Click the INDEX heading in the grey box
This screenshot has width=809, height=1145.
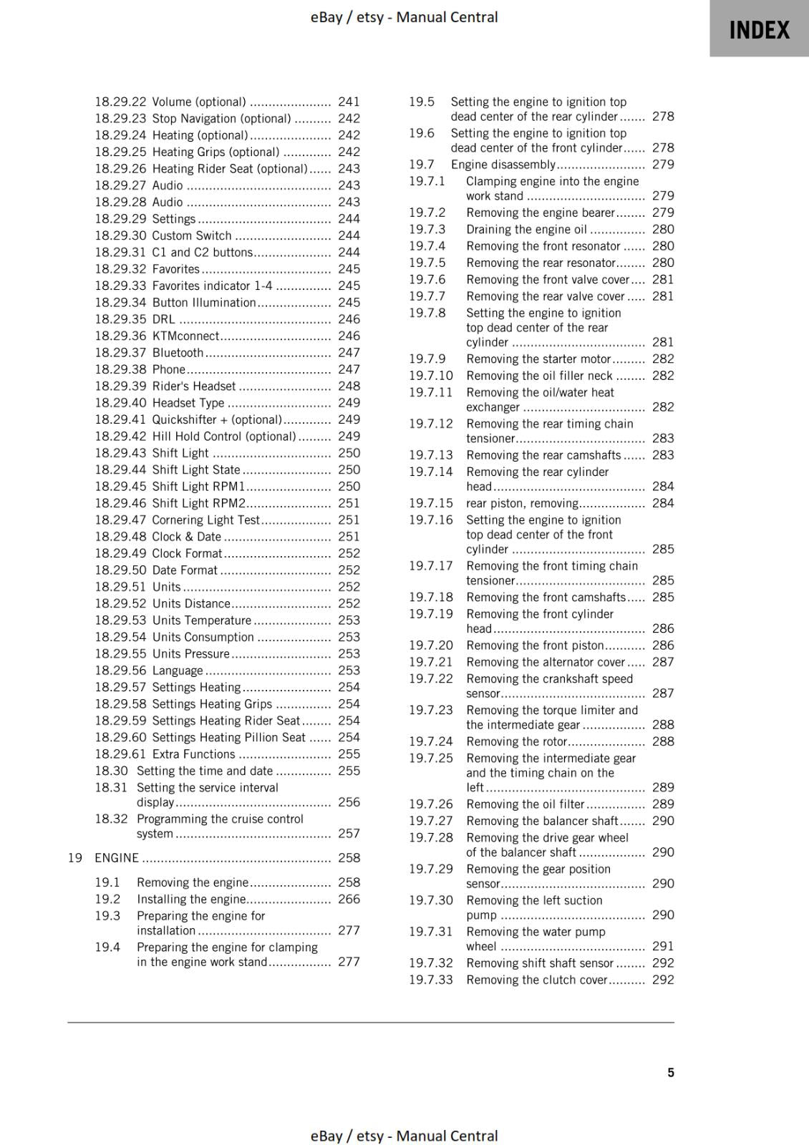pyautogui.click(x=759, y=30)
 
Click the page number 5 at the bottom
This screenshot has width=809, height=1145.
pyautogui.click(x=671, y=1072)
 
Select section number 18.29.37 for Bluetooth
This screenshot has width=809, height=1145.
pyautogui.click(x=120, y=353)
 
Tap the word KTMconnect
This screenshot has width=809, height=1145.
pyautogui.click(x=185, y=336)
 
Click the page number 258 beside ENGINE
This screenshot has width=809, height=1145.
pyautogui.click(x=349, y=857)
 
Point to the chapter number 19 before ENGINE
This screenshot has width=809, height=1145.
pyautogui.click(x=75, y=857)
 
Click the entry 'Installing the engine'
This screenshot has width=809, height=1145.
pyautogui.click(x=191, y=900)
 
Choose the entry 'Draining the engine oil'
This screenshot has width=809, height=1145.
pyautogui.click(x=526, y=230)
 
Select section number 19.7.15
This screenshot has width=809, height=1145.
pyautogui.click(x=431, y=503)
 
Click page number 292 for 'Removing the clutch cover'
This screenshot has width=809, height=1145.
pyautogui.click(x=663, y=980)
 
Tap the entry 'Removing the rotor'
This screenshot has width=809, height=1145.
pyautogui.click(x=516, y=742)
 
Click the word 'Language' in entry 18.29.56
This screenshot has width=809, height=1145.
pyautogui.click(x=178, y=671)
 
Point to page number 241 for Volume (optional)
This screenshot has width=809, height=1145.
pyautogui.click(x=349, y=102)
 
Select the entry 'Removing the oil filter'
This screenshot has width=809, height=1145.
pyautogui.click(x=525, y=804)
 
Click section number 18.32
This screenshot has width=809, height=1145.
pyautogui.click(x=111, y=819)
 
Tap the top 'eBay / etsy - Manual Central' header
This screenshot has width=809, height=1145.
pyautogui.click(x=404, y=17)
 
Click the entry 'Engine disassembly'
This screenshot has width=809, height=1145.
pyautogui.click(x=503, y=165)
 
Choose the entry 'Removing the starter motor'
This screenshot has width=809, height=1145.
pyautogui.click(x=538, y=359)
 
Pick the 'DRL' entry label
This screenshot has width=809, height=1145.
pyautogui.click(x=163, y=319)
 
